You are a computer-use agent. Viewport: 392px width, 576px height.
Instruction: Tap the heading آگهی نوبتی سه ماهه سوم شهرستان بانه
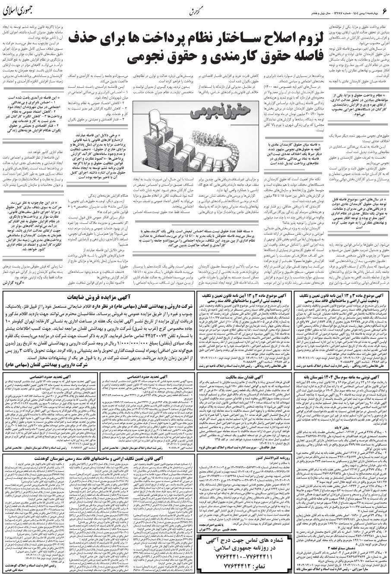click(x=343, y=377)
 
